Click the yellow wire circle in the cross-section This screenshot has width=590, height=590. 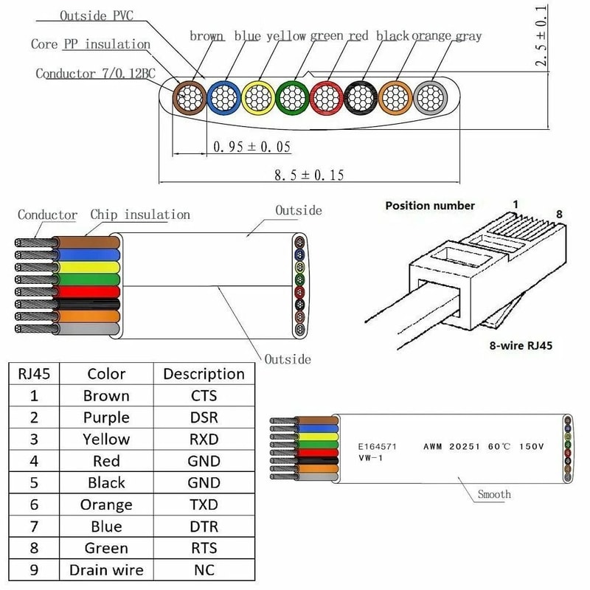[x=257, y=97]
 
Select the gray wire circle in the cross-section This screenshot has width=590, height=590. [x=428, y=97]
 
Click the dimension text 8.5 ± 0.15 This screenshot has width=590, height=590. [x=309, y=175]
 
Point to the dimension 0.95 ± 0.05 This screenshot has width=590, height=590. [x=251, y=147]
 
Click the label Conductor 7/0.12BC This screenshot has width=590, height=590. [x=94, y=74]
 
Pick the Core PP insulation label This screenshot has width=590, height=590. [x=90, y=44]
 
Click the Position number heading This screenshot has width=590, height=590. [x=430, y=206]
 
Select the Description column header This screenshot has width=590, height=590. [x=204, y=374]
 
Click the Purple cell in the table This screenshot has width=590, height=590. [x=106, y=417]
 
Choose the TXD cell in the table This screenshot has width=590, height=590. [x=204, y=505]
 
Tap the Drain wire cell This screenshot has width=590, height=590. [x=106, y=570]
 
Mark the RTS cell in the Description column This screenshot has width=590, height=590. [x=204, y=549]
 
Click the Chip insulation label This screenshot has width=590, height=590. [x=140, y=215]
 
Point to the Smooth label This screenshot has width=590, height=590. [x=494, y=494]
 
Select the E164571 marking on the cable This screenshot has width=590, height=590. [x=378, y=447]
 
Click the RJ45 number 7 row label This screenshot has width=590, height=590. [x=33, y=527]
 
